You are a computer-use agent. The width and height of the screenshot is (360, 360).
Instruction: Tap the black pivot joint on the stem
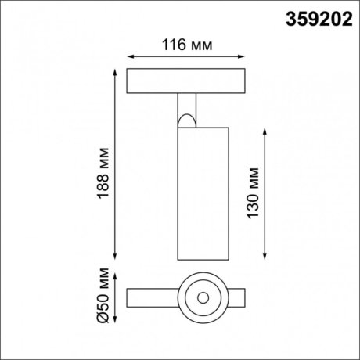click(x=185, y=120)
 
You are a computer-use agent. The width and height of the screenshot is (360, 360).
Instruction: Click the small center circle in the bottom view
click(x=203, y=298)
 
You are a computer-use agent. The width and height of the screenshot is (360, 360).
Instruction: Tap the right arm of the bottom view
click(x=237, y=298)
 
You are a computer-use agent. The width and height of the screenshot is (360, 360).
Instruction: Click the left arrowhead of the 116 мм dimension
click(x=130, y=56)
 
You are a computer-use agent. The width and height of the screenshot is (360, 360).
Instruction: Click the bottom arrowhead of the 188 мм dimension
click(x=116, y=258)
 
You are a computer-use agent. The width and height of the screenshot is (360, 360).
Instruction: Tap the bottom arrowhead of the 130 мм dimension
click(x=268, y=258)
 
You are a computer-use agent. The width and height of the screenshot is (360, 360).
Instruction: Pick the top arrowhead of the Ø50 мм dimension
click(x=116, y=275)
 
